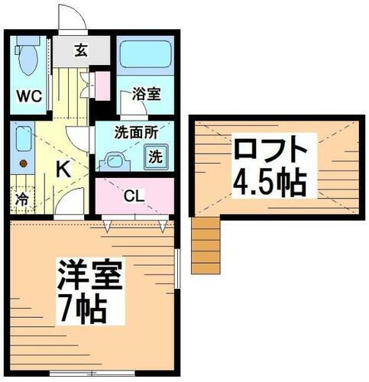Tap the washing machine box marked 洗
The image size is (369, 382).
pyautogui.click(x=154, y=157)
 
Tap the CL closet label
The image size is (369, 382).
pyautogui.click(x=134, y=196)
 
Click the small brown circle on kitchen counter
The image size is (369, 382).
pyautogui.click(x=23, y=163)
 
